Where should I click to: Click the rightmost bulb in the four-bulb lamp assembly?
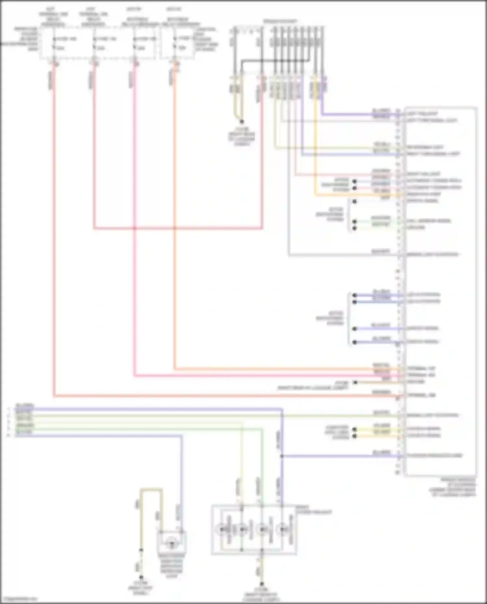pyautogui.click(x=283, y=529)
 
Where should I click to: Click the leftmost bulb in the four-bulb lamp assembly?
pyautogui.click(x=222, y=529)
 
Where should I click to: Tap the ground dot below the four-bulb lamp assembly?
pyautogui.click(x=262, y=584)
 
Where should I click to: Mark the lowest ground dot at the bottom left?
pyautogui.click(x=141, y=577)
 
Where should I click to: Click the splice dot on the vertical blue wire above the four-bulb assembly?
pyautogui.click(x=281, y=456)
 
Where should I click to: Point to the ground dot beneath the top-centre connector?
pyautogui.click(x=242, y=122)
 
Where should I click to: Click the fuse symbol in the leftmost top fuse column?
pyautogui.click(x=54, y=39)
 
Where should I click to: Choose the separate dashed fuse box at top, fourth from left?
pyautogui.click(x=177, y=42)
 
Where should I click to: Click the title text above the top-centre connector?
pyautogui.click(x=280, y=21)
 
